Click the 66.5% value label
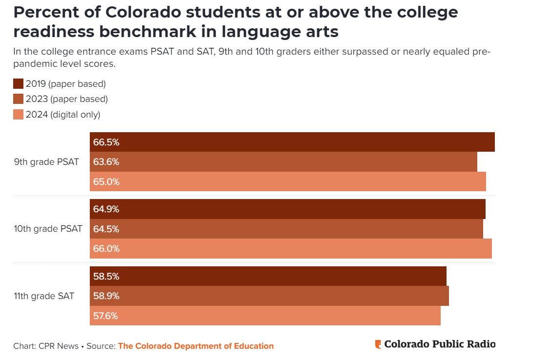[106, 142]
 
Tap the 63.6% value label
[106, 162]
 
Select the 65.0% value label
[106, 182]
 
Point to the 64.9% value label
[106, 209]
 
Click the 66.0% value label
[106, 249]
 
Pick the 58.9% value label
[106, 296]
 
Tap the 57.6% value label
[106, 316]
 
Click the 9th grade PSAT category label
[46, 162]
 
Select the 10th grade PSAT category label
[48, 229]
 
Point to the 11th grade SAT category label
[44, 296]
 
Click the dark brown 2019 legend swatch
[19, 83]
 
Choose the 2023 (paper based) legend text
[66, 99]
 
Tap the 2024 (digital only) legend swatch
[19, 115]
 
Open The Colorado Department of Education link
[196, 346]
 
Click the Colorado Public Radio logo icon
[378, 344]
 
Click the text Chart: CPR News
[46, 346]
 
